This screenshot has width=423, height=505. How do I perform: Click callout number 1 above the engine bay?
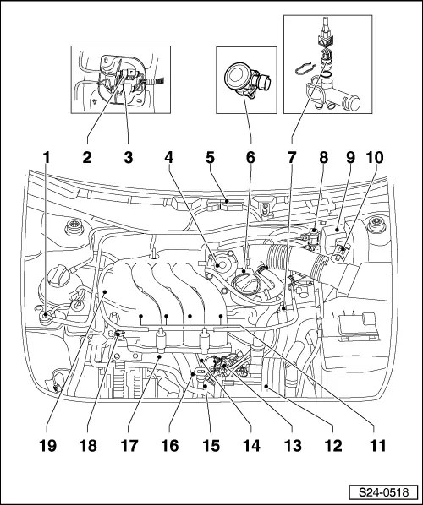(x=47, y=158)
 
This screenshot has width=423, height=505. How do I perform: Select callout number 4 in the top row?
(x=168, y=158)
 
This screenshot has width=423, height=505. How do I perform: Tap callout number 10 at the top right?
(x=374, y=158)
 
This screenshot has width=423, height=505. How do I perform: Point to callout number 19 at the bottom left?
(x=47, y=446)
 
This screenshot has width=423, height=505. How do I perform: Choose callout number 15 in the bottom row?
(x=211, y=446)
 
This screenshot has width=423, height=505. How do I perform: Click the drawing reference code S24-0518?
(x=384, y=492)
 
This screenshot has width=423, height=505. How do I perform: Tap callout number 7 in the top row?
(x=291, y=158)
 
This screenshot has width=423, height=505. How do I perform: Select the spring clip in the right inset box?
(x=304, y=68)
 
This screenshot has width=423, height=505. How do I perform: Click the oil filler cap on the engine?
(x=247, y=283)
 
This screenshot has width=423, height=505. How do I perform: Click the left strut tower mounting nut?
(x=74, y=226)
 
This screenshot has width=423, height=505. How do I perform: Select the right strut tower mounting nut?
(x=376, y=224)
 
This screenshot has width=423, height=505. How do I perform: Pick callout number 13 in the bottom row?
(x=293, y=446)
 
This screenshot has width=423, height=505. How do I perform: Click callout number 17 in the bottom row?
(x=129, y=446)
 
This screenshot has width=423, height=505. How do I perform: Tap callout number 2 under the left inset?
(x=87, y=158)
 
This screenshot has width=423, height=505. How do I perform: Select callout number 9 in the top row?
(x=350, y=158)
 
